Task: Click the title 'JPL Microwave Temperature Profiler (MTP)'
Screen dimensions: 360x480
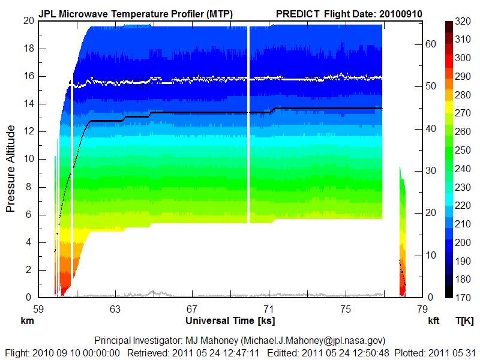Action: click(x=135, y=13)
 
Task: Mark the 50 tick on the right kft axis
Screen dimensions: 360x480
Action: click(x=430, y=86)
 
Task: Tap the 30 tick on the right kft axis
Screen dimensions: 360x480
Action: click(x=430, y=170)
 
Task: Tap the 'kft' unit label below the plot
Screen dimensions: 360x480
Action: click(x=434, y=321)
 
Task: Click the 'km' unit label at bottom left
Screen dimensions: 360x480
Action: click(x=26, y=321)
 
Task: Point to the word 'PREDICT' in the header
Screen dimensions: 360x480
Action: click(x=298, y=13)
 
